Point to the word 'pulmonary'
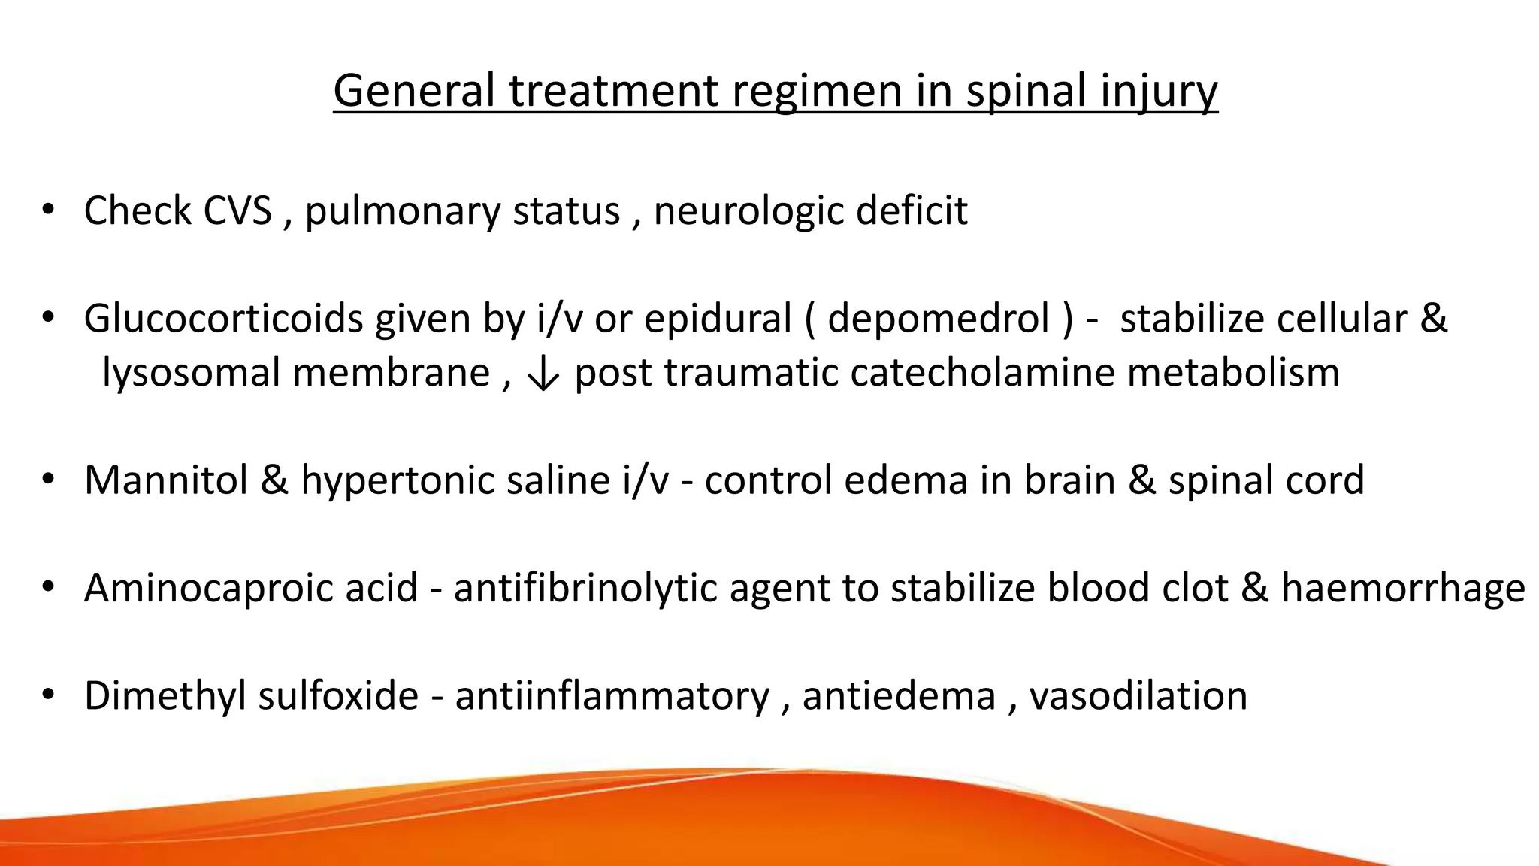pyautogui.click(x=403, y=210)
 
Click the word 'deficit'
pyautogui.click(x=911, y=210)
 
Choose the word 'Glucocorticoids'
pyautogui.click(x=224, y=319)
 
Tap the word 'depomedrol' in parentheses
pyautogui.click(x=939, y=319)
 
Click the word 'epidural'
pyautogui.click(x=718, y=319)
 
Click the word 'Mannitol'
pyautogui.click(x=166, y=480)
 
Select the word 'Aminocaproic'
pyautogui.click(x=251, y=588)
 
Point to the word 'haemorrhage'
pyautogui.click(x=1403, y=588)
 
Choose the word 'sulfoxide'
pyautogui.click(x=338, y=695)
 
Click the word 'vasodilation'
pyautogui.click(x=1138, y=695)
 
